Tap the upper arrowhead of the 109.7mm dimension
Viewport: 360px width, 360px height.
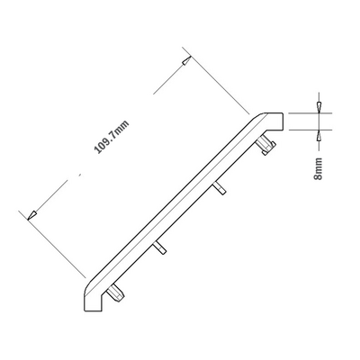click(184, 61)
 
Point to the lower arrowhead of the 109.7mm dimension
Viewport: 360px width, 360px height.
click(31, 214)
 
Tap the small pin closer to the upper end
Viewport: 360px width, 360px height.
click(219, 188)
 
